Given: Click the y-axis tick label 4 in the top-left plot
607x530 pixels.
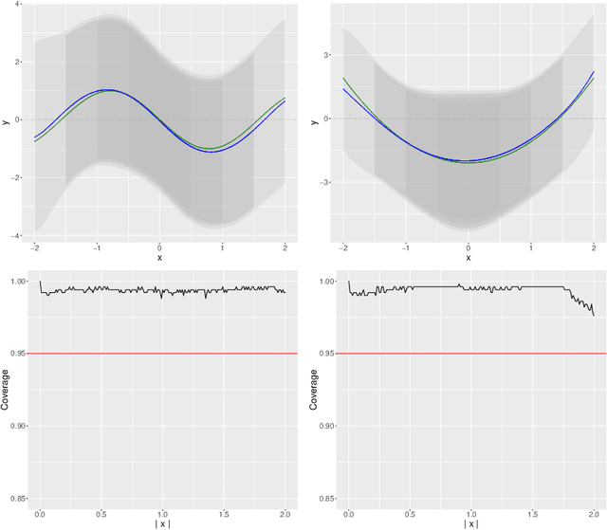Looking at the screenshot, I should pos(20,5).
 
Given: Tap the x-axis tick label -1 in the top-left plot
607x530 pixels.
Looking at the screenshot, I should pos(97,247).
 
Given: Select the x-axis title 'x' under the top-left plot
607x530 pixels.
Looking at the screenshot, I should pos(159,257).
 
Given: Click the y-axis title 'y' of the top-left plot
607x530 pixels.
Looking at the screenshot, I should pos(7,120).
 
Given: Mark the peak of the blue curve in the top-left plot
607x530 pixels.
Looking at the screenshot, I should pos(107,90).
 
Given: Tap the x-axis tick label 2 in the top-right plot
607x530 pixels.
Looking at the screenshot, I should pos(593,247).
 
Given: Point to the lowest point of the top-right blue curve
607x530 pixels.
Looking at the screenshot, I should pos(469,160).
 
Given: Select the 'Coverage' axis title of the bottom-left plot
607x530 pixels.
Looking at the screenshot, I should pos(7,390).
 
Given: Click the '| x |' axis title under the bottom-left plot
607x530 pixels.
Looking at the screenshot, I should pos(162,523).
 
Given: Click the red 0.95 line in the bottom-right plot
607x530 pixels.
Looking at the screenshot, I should pos(469,354).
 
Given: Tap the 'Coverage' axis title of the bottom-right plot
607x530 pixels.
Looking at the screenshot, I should pos(315,390).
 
